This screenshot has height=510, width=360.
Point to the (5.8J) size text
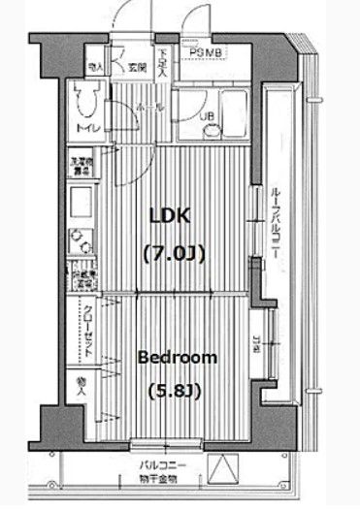(176, 392)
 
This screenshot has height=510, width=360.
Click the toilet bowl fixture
(84, 97)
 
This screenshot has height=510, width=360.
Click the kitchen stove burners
(81, 239)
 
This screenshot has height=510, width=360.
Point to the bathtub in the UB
(231, 114)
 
